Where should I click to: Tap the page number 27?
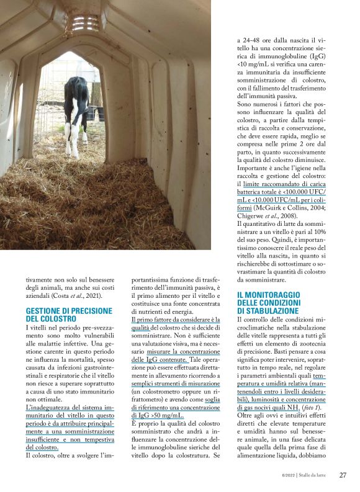343,475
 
